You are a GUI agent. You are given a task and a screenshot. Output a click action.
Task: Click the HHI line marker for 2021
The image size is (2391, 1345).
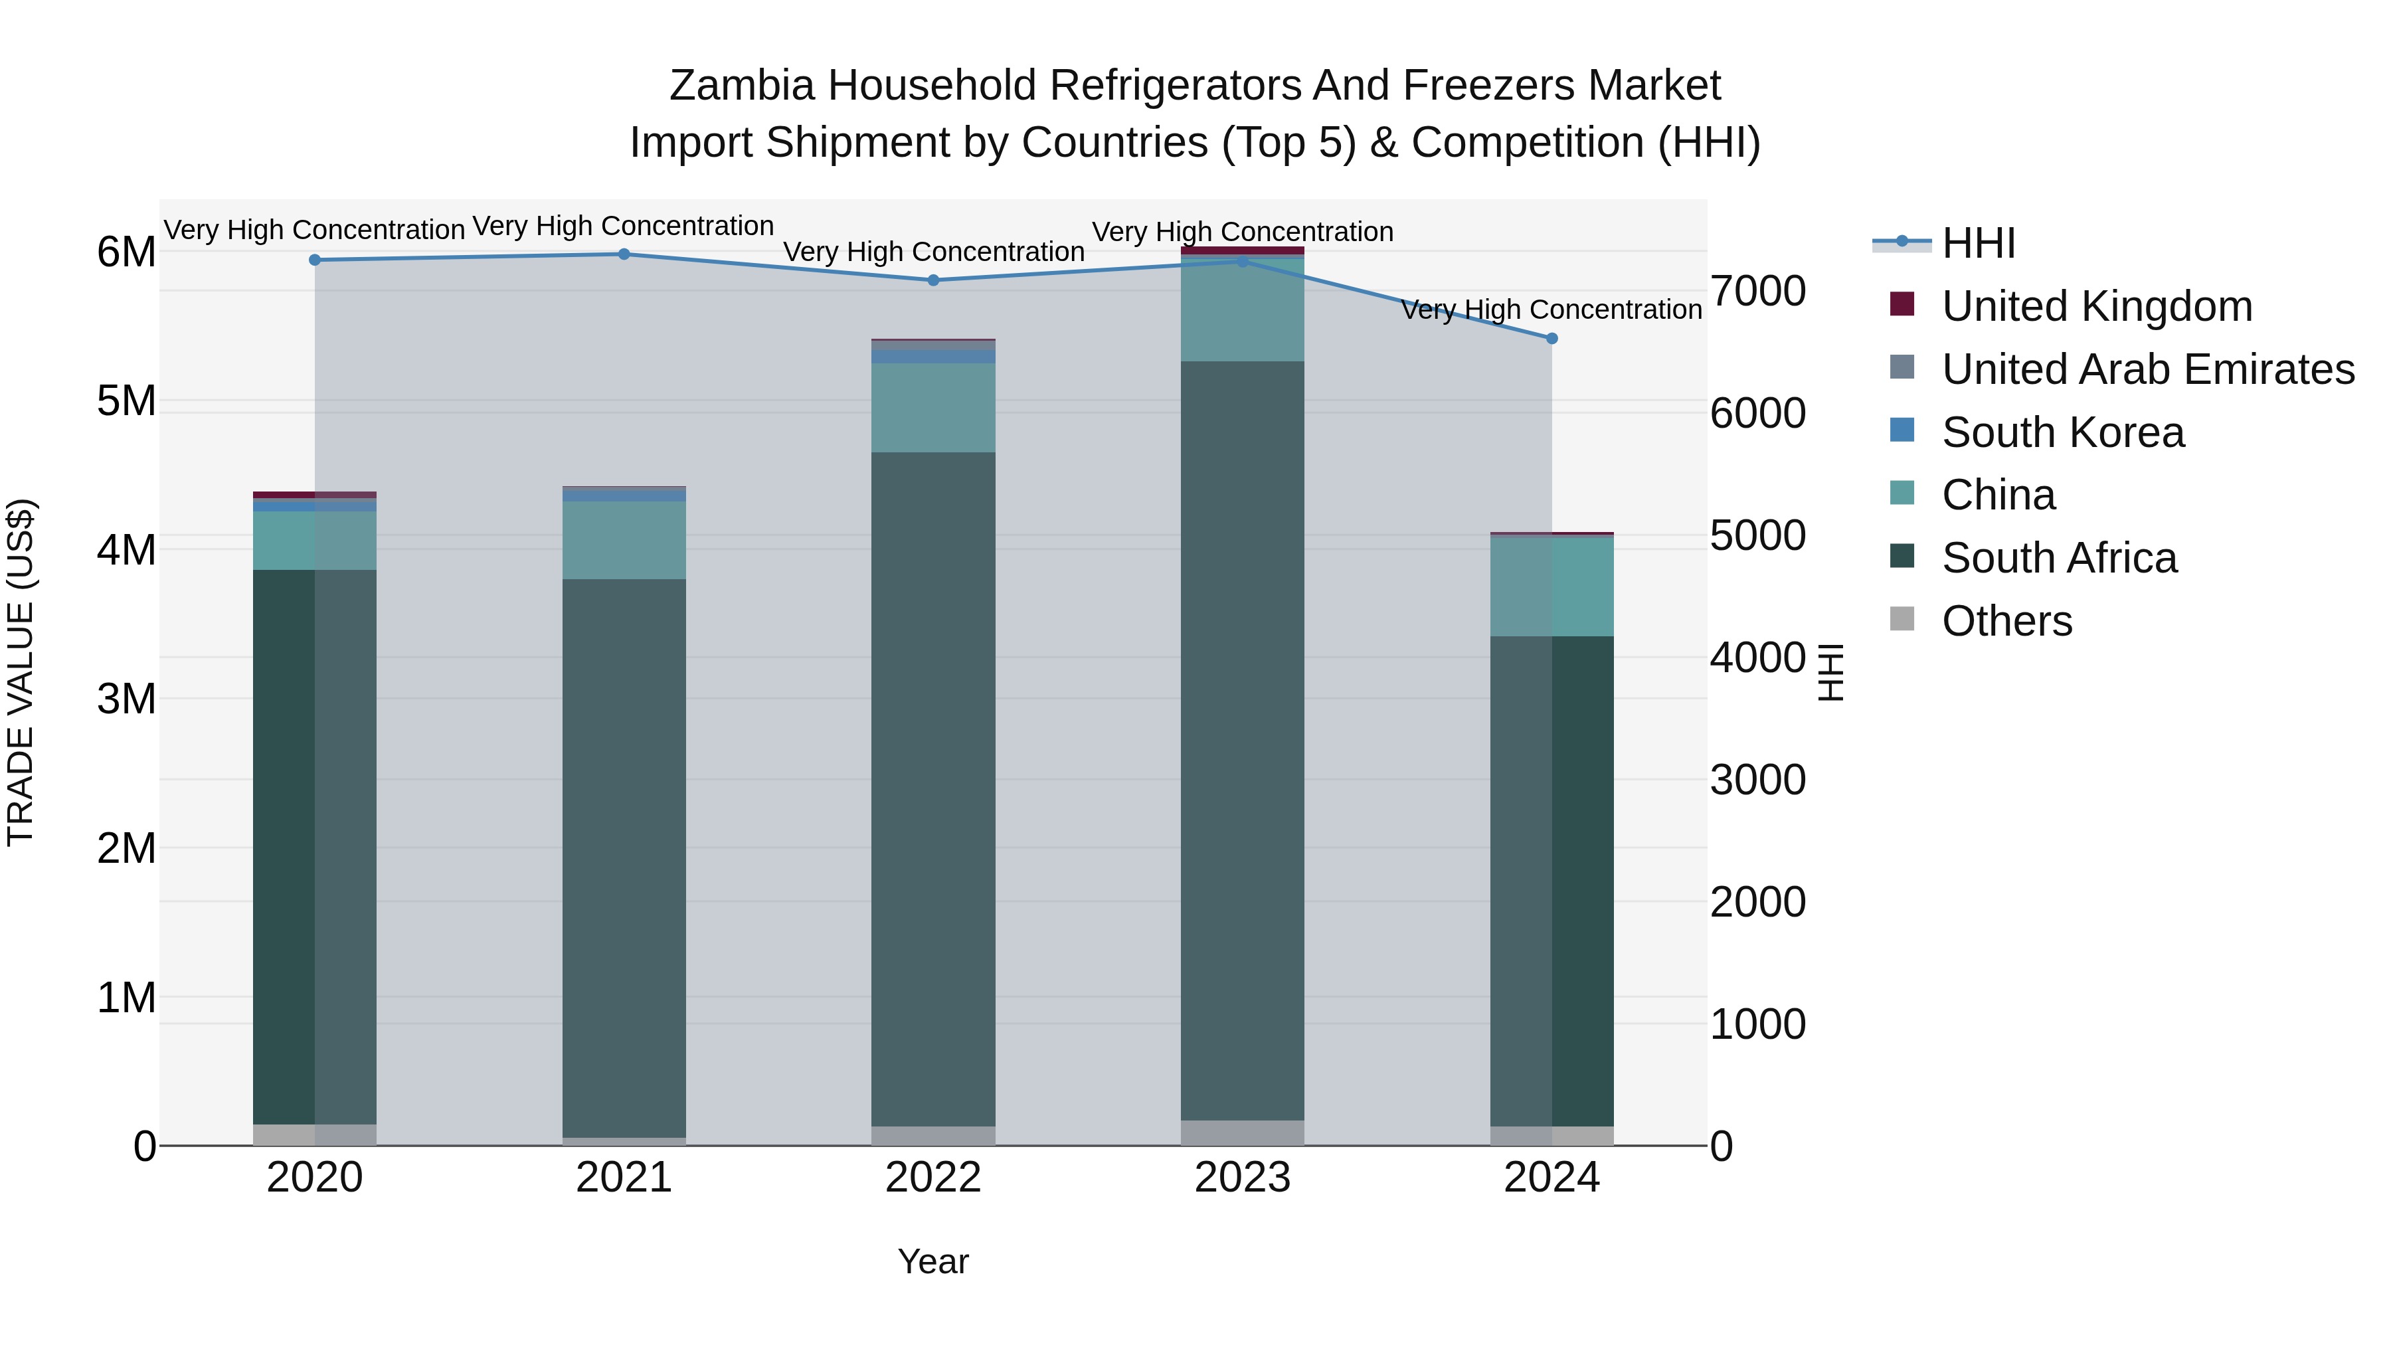[x=624, y=254]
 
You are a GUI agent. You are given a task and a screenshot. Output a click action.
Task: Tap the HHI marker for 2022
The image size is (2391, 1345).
[x=934, y=280]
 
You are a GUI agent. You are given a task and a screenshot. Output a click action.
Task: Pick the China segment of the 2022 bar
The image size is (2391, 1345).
[x=933, y=408]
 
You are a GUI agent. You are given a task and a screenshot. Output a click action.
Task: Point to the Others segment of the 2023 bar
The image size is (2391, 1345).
[x=1242, y=1132]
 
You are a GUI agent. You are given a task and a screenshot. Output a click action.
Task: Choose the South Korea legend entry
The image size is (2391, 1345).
[x=2062, y=432]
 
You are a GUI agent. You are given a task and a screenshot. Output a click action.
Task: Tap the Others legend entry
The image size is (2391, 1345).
[x=2006, y=621]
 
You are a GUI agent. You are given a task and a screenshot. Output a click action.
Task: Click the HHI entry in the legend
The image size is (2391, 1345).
[x=1977, y=243]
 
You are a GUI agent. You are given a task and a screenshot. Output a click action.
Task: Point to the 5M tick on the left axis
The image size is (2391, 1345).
[x=126, y=401]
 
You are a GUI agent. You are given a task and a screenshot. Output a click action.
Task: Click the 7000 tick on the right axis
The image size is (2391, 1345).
[x=1757, y=290]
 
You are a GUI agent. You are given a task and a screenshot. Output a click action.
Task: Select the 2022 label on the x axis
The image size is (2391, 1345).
[x=933, y=1178]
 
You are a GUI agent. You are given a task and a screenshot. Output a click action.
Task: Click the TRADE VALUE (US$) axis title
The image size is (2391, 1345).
[x=21, y=672]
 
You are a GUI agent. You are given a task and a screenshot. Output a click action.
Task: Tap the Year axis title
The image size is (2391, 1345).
[x=933, y=1261]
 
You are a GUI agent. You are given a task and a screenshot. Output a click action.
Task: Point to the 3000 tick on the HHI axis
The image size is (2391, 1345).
[x=1757, y=780]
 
